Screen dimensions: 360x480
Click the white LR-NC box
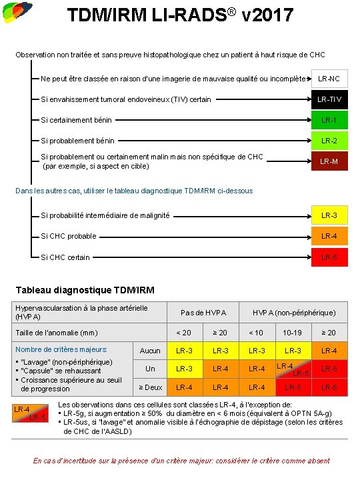(x=329, y=79)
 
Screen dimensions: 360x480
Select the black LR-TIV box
(x=329, y=100)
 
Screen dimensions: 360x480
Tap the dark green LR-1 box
(x=329, y=121)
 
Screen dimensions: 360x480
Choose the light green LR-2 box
(x=329, y=141)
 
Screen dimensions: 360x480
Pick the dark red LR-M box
(x=329, y=161)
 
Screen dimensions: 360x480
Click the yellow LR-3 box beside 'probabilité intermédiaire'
(x=329, y=215)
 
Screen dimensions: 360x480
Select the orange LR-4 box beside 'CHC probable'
(x=329, y=236)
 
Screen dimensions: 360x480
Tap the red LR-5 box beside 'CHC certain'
(x=329, y=257)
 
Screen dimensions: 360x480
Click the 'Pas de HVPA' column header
(x=203, y=313)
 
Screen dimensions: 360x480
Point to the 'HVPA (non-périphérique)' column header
(x=293, y=313)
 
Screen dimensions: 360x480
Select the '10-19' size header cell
(x=293, y=333)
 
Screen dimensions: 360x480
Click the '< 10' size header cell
(x=256, y=333)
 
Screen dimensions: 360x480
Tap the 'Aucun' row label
(x=150, y=351)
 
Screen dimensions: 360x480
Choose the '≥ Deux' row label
(x=150, y=387)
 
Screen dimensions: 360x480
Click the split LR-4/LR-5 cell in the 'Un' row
(x=293, y=369)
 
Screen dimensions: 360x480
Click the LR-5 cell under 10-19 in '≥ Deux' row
(x=293, y=387)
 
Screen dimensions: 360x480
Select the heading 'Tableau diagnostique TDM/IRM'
(x=85, y=290)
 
